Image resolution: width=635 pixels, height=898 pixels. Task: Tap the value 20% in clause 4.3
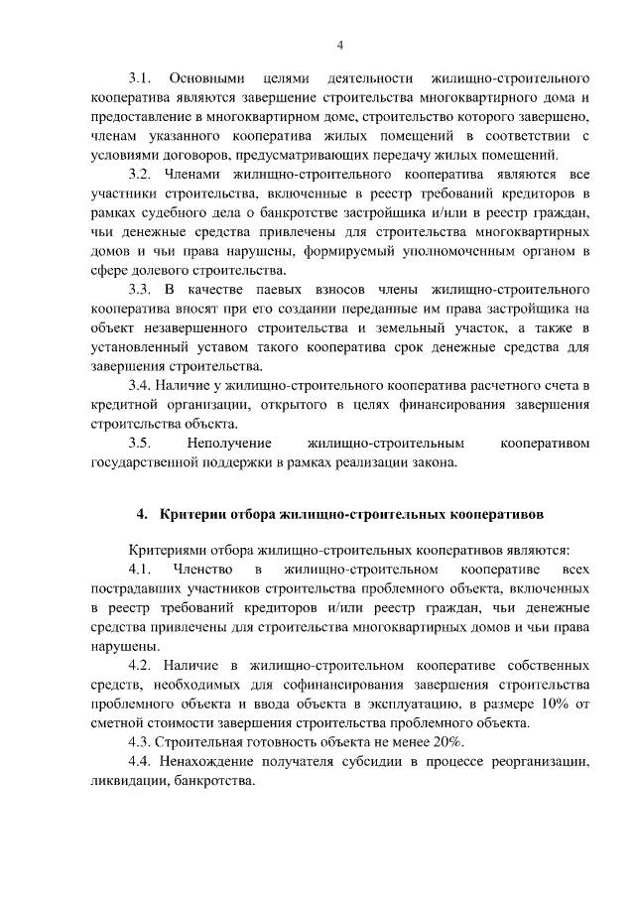coord(433,742)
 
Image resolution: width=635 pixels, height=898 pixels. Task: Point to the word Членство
coord(201,571)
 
